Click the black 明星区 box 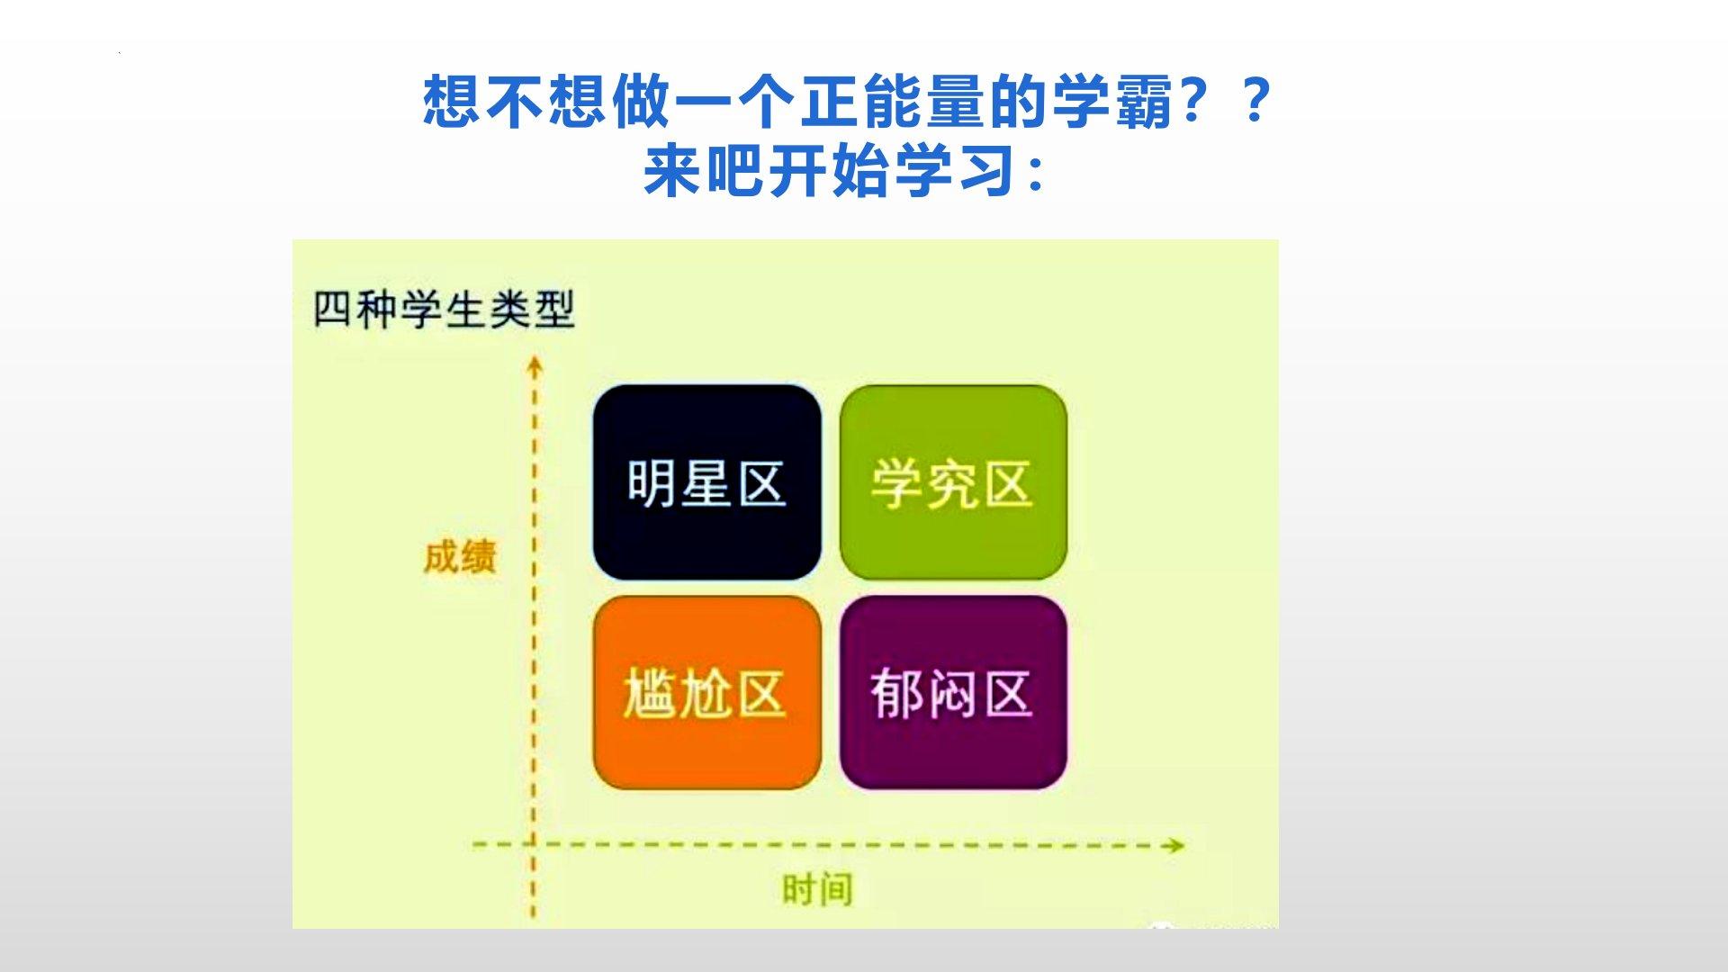point(707,482)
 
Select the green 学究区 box point(953,482)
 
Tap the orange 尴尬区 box point(707,692)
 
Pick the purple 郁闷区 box point(953,692)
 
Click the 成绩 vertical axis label point(460,556)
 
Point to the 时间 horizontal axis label point(817,889)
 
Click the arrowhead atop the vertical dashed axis point(535,366)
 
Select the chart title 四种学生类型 point(444,310)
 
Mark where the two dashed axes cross point(534,844)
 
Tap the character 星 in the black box point(706,483)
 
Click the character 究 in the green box point(951,484)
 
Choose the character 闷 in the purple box point(951,694)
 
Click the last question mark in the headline point(1254,100)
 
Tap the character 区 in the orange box point(760,694)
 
